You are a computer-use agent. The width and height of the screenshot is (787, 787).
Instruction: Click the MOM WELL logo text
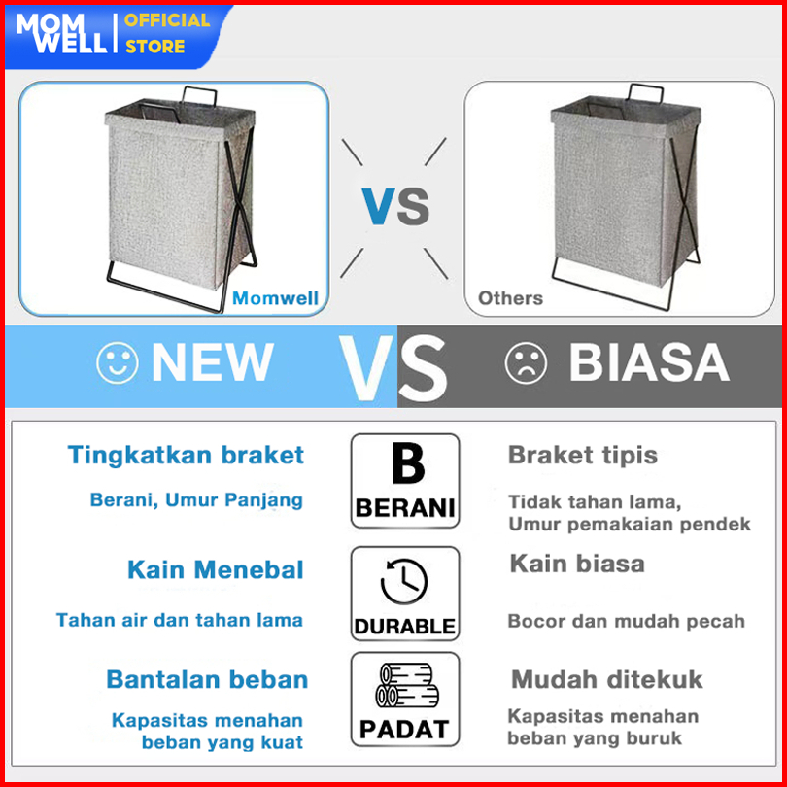[61, 33]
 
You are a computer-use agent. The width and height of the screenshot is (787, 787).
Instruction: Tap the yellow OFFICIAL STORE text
[167, 33]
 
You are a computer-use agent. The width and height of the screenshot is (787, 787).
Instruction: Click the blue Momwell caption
[275, 298]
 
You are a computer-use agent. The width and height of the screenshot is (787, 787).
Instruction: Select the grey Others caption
[510, 298]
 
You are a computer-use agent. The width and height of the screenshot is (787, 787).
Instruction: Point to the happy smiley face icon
[117, 362]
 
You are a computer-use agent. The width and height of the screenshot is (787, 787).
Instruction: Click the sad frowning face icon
[526, 362]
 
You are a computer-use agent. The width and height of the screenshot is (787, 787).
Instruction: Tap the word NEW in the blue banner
[213, 362]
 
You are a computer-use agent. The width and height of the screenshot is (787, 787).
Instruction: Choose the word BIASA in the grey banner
[648, 362]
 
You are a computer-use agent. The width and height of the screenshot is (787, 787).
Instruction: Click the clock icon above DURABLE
[404, 581]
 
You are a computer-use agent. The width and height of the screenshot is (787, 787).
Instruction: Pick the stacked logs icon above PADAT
[407, 685]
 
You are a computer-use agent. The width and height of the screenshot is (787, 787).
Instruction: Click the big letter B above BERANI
[408, 462]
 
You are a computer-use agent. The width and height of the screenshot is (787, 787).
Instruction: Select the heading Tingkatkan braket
[186, 455]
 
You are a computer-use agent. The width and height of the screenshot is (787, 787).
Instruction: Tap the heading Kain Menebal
[216, 569]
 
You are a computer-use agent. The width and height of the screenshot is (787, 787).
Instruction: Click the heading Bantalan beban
[207, 679]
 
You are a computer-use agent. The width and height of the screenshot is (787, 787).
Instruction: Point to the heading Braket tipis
[583, 456]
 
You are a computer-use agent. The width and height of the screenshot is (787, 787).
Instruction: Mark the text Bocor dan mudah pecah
[627, 621]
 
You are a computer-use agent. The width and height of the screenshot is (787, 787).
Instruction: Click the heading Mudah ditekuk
[607, 679]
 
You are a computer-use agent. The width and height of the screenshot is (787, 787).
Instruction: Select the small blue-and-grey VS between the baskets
[396, 206]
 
